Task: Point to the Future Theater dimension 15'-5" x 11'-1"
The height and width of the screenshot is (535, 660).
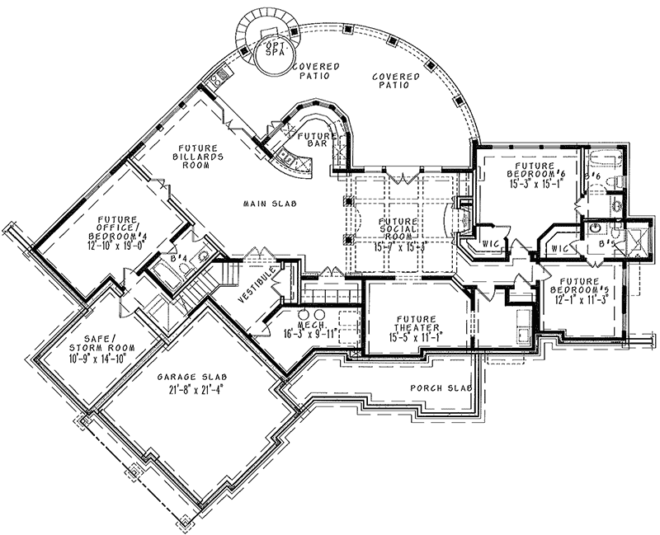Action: pyautogui.click(x=409, y=336)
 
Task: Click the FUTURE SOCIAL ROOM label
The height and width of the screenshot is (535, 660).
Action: pyautogui.click(x=398, y=232)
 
